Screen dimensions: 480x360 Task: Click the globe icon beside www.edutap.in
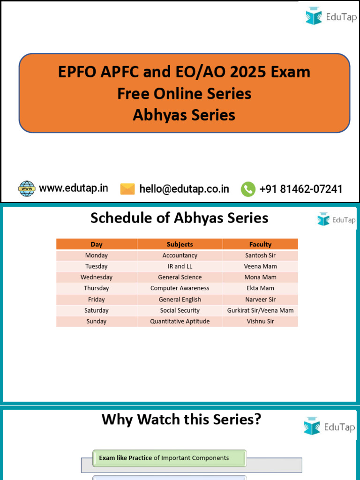tap(27, 188)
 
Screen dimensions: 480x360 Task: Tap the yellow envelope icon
tap(127, 189)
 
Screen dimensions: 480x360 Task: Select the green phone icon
tap(248, 189)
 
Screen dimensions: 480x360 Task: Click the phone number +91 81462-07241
tap(300, 189)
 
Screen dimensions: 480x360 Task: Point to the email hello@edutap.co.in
tap(184, 189)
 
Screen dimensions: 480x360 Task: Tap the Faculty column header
tap(260, 244)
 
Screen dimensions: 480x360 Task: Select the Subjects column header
tap(180, 244)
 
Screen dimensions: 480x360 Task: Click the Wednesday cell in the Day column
tap(97, 277)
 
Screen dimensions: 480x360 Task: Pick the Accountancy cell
tap(180, 255)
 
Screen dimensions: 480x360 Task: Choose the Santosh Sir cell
tap(260, 255)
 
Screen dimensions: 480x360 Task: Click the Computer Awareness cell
tap(180, 288)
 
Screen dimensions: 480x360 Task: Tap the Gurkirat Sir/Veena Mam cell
tap(260, 310)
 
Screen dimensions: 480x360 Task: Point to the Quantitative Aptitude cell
tap(180, 322)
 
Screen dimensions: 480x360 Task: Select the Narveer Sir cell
tap(260, 300)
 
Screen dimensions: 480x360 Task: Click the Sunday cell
tap(97, 322)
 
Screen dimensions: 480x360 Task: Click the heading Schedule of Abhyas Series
tap(179, 218)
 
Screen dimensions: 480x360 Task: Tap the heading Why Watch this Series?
tap(181, 420)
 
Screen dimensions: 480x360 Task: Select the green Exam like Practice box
tap(169, 458)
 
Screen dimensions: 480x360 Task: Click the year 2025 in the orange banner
tap(244, 72)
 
